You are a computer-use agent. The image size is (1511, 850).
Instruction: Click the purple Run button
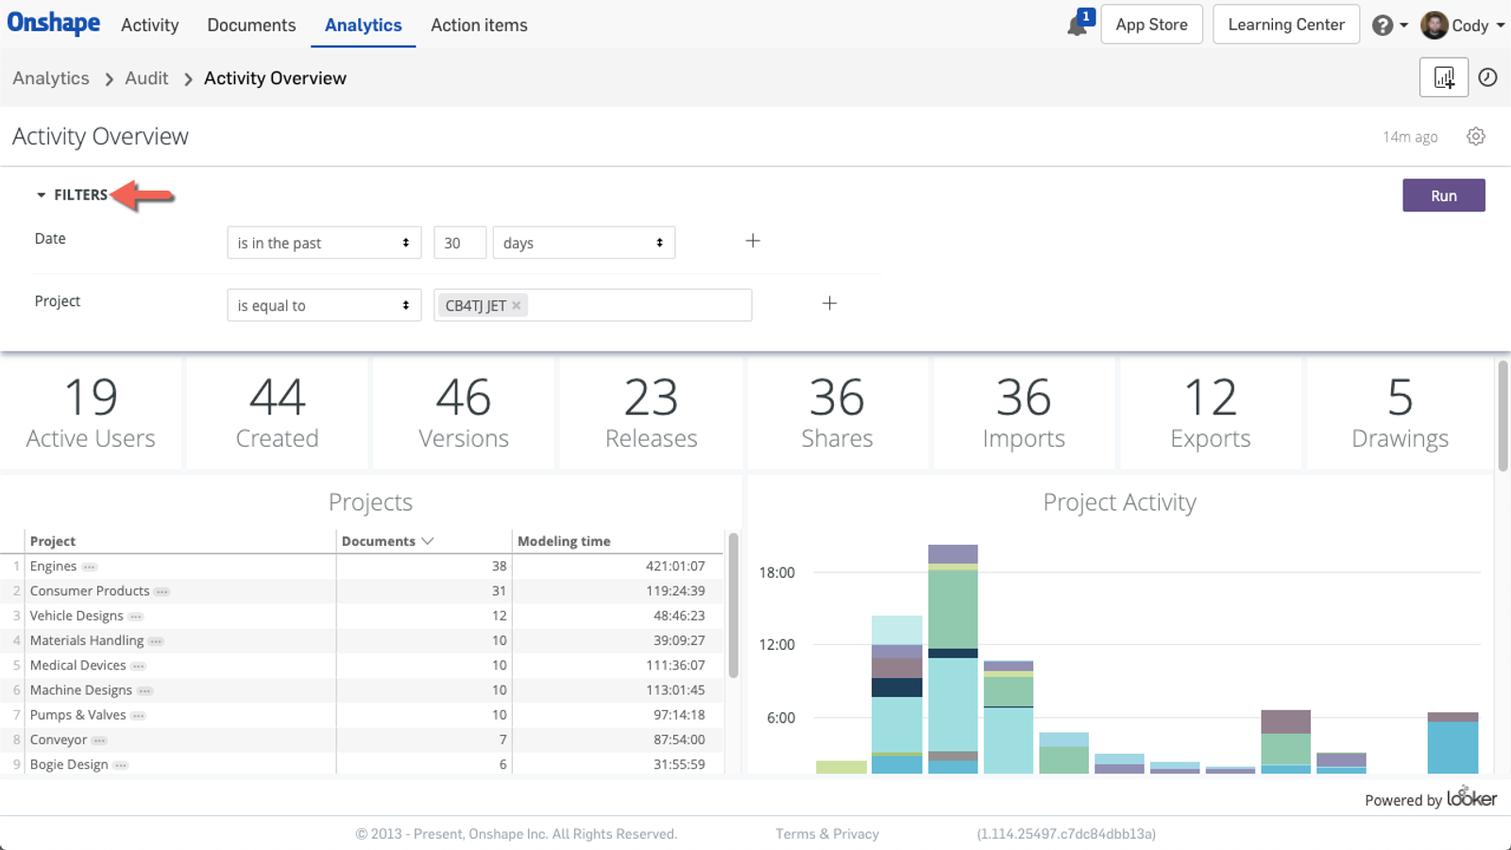(1443, 195)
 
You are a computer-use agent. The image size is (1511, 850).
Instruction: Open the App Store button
(1151, 25)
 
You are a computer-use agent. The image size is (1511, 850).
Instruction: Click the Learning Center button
(1285, 25)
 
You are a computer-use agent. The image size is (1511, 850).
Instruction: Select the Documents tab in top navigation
(251, 25)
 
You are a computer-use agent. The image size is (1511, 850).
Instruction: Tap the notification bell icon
(1077, 25)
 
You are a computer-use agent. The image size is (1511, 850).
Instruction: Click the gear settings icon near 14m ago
(1476, 137)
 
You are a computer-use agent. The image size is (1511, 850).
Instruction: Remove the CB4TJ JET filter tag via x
(517, 305)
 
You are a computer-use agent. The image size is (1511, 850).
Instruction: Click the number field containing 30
(459, 243)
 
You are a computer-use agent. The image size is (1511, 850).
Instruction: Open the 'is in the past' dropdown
(323, 243)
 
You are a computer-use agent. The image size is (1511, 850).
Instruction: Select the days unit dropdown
(583, 243)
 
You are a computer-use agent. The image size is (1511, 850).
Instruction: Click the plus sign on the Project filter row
(829, 303)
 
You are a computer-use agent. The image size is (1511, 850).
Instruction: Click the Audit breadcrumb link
(146, 78)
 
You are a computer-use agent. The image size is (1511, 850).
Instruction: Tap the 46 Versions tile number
(463, 398)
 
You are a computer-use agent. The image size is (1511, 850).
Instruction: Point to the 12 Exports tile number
(1210, 398)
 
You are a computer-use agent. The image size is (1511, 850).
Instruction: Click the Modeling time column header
(564, 541)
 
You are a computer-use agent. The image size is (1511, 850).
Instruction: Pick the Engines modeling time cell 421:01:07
(674, 567)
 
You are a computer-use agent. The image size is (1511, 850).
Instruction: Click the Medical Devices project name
(77, 666)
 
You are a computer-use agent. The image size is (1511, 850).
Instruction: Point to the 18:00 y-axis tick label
(776, 572)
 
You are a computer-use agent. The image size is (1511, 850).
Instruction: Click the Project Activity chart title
(1119, 502)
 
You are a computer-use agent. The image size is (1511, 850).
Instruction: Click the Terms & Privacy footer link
(826, 834)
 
